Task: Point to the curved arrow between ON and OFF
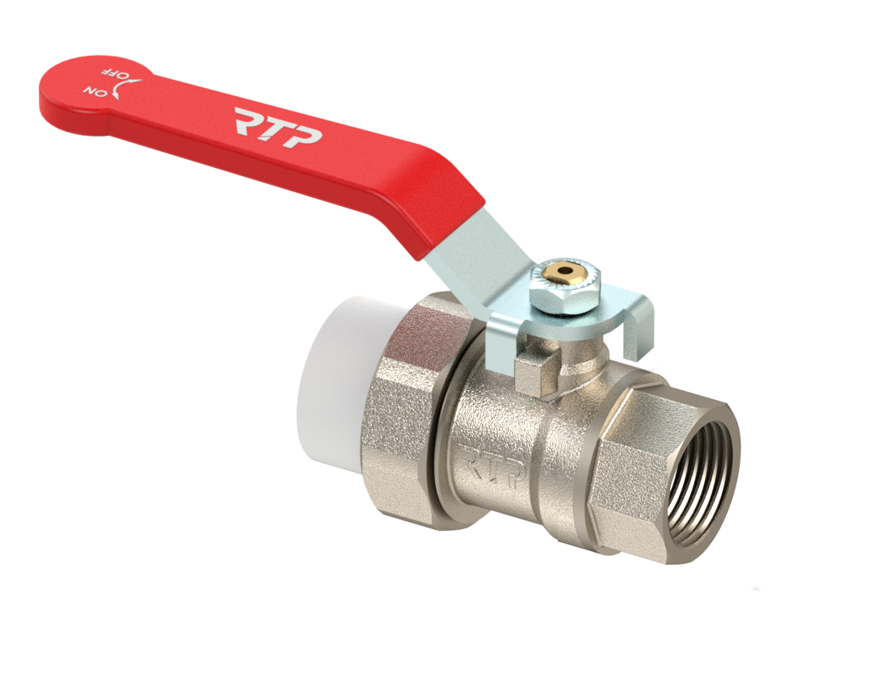tap(128, 89)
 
